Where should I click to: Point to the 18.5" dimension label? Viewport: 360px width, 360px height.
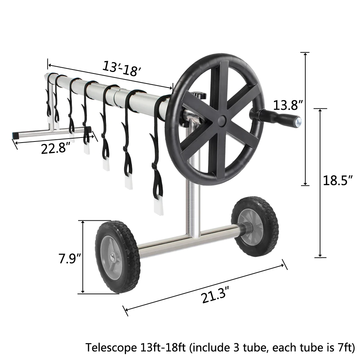coord(337,180)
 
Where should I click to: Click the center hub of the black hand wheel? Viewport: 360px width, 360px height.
coord(221,120)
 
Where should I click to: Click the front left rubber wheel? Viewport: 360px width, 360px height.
coord(117,256)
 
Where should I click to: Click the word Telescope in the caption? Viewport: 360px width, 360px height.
coord(109,348)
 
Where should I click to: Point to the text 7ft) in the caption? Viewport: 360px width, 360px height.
coord(346,348)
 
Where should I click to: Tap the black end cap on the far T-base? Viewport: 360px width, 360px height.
coord(15,134)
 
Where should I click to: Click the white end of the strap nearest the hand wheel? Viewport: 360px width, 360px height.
coord(158,207)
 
